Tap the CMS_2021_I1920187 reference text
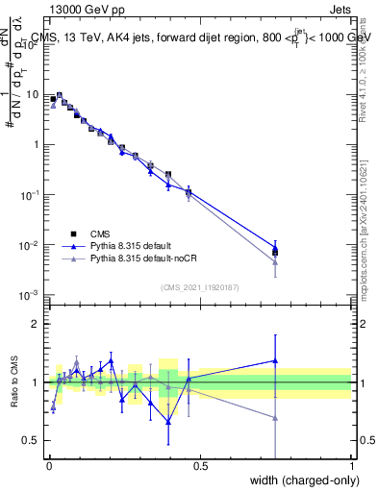(198, 286)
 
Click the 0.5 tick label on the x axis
(199, 466)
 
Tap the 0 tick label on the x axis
(48, 466)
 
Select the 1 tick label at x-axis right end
(351, 466)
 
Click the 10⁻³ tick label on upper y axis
(32, 295)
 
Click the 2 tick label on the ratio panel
(37, 324)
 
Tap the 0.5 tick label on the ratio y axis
(33, 440)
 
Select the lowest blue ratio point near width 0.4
(168, 421)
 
